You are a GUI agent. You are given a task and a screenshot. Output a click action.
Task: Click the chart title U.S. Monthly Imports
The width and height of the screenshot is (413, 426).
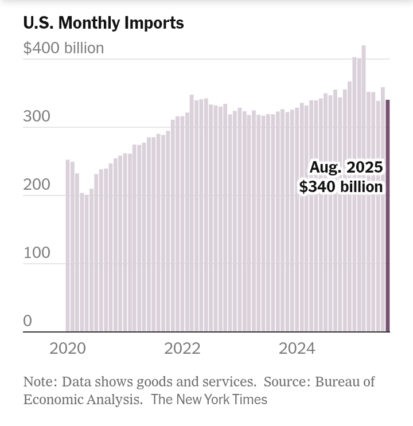(103, 23)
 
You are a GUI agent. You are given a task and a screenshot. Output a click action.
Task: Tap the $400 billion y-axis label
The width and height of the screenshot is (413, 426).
(64, 48)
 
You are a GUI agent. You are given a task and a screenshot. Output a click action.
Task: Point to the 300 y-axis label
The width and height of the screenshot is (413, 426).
(37, 117)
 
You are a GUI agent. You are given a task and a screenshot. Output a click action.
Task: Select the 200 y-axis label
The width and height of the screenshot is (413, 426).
(37, 185)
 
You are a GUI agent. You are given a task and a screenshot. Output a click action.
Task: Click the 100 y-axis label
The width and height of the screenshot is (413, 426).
(37, 253)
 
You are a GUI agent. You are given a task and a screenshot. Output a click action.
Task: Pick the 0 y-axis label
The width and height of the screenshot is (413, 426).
(28, 322)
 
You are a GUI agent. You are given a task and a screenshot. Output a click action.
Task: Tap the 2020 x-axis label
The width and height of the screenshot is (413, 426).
(68, 349)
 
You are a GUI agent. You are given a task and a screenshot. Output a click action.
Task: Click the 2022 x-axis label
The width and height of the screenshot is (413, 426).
(182, 349)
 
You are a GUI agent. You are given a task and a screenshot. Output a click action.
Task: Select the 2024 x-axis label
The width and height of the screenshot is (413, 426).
(297, 349)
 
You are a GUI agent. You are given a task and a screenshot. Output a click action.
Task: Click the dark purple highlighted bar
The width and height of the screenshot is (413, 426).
(387, 218)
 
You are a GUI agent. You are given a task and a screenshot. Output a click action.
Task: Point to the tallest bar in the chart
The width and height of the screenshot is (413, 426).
(364, 189)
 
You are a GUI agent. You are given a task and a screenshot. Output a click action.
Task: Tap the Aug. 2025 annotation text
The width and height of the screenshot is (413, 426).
(346, 167)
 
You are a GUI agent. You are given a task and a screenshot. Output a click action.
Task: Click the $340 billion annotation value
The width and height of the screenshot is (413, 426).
(341, 187)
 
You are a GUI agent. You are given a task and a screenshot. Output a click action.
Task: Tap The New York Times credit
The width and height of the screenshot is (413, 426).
(209, 400)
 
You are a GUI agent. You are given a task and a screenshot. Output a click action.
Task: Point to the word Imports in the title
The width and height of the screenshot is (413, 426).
(157, 23)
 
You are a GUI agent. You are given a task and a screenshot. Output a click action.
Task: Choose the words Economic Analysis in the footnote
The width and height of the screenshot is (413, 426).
(83, 400)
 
